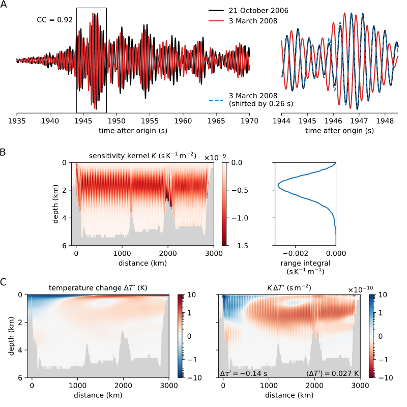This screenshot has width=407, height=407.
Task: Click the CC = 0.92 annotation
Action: (x=54, y=20)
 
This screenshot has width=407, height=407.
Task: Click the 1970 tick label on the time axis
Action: (x=249, y=122)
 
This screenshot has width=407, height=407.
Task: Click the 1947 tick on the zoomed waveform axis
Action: (x=359, y=122)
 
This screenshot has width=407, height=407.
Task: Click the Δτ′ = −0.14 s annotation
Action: (x=244, y=373)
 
